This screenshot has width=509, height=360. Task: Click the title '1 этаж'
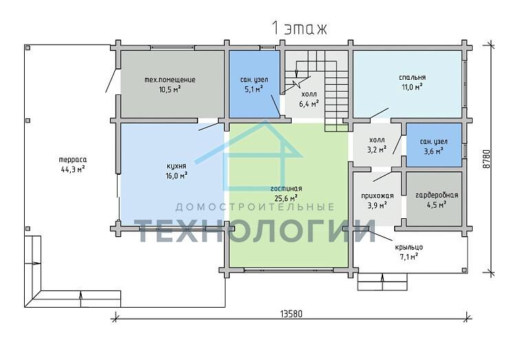click(299, 29)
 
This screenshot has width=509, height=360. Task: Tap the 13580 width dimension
click(291, 314)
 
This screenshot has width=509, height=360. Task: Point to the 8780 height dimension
click(486, 158)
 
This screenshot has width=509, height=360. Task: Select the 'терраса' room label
click(73, 160)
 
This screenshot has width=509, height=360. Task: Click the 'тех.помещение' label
click(170, 80)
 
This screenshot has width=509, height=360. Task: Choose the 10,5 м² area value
click(170, 89)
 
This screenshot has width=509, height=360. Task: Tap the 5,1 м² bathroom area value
click(254, 89)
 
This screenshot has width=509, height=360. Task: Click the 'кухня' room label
click(176, 167)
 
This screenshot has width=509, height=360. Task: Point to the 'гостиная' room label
click(286, 189)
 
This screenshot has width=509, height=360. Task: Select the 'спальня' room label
click(412, 78)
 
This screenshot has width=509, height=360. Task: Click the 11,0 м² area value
click(412, 87)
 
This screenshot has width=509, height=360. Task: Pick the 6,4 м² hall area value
click(309, 104)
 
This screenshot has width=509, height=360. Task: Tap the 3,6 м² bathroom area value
click(434, 151)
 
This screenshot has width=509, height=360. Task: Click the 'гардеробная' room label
click(437, 195)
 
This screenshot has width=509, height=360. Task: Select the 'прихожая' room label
click(377, 196)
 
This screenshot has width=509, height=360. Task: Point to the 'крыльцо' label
click(409, 247)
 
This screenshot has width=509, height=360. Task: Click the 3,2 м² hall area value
click(377, 149)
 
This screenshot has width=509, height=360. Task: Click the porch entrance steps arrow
click(382, 282)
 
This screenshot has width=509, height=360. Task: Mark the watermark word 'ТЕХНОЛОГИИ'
click(254, 231)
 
